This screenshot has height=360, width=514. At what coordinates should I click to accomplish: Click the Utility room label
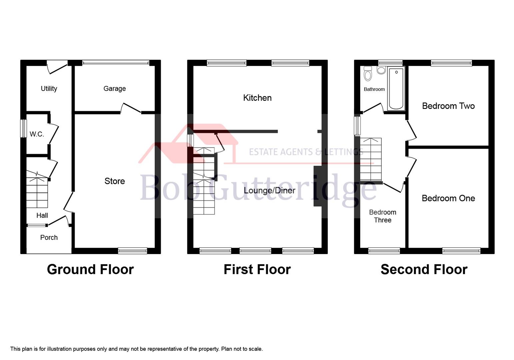coord(49,89)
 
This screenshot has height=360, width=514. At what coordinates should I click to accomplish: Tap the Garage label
coord(114,89)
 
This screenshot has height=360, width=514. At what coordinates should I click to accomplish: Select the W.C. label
coord(37,134)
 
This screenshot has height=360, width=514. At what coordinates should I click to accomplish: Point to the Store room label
coord(115,181)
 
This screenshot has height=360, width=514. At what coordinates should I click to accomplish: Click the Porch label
coord(49,238)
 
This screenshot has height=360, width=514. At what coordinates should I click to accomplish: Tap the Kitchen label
coord(257,98)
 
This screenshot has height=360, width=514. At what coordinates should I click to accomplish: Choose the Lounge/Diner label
coord(269,190)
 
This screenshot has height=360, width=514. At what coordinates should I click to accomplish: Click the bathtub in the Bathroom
coord(396,89)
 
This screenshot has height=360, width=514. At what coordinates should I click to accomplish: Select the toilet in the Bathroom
coord(368,74)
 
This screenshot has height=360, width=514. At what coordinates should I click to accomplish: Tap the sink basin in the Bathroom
coord(381,70)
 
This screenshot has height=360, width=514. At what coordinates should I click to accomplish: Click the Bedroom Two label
coord(448,106)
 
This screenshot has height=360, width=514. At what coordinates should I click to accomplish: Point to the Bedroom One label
coord(448,198)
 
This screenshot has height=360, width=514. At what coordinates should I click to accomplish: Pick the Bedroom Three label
coord(382,216)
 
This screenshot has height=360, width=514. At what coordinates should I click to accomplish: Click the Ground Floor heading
coord(90,269)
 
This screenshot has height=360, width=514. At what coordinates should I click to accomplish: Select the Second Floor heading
coord(424,269)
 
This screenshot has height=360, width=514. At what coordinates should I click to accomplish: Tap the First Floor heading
coord(257,269)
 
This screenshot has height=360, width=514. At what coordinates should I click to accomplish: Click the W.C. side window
coord(23,128)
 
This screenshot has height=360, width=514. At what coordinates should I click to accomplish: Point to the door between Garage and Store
coord(131,108)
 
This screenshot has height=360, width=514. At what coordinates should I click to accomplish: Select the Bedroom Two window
coord(451,63)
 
